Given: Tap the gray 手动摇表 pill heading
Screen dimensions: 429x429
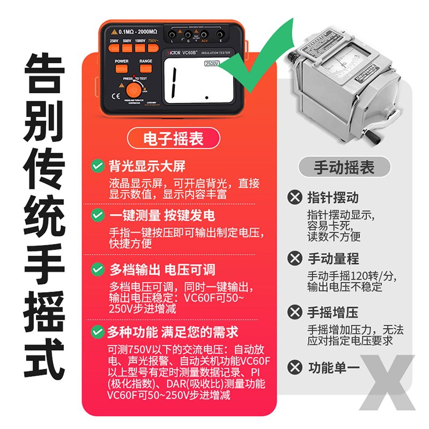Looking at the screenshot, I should tap(344, 167).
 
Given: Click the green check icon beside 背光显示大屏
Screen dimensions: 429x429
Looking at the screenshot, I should tap(97, 166).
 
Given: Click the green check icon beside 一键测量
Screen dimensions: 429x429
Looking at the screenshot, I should tap(97, 216).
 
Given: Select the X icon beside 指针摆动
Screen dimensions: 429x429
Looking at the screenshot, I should tap(294, 197).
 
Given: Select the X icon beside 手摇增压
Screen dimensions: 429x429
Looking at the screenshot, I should tap(294, 312).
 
